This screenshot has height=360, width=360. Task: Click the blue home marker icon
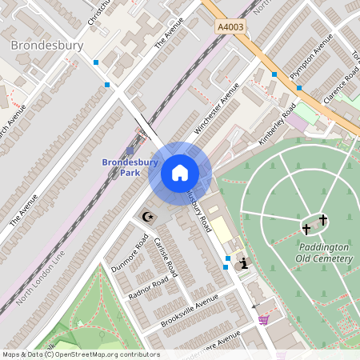point(180,173)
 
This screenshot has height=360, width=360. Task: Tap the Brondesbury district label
point(47,46)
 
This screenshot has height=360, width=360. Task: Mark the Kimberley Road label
point(278,123)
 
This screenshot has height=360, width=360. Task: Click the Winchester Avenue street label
point(217,112)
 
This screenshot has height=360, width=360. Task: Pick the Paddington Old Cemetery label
point(324,253)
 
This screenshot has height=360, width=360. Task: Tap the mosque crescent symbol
point(146,216)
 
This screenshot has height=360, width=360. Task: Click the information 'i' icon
point(243,262)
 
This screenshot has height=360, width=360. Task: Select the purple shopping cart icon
point(263,320)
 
